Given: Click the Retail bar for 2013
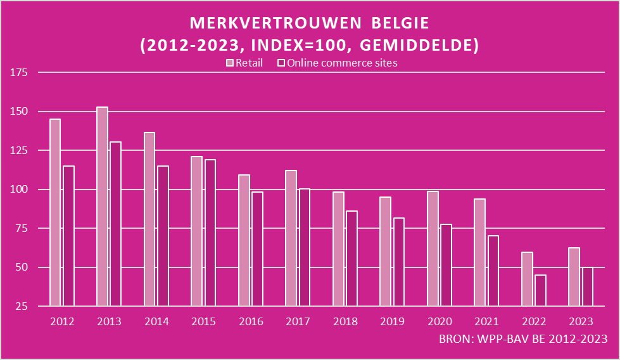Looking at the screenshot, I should pyautogui.click(x=102, y=207).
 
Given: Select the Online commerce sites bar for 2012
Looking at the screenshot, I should pyautogui.click(x=68, y=236).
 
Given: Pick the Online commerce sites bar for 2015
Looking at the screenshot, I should pyautogui.click(x=210, y=233).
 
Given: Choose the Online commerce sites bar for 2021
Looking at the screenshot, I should pyautogui.click(x=493, y=271).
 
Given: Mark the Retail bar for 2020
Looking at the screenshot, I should pyautogui.click(x=432, y=248).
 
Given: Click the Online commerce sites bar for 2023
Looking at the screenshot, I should pyautogui.click(x=587, y=286).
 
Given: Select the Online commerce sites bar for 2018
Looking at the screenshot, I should pyautogui.click(x=351, y=259).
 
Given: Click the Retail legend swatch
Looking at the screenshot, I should pyautogui.click(x=231, y=63).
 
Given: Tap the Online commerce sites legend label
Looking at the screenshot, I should pyautogui.click(x=342, y=63).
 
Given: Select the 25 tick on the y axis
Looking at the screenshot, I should pyautogui.click(x=23, y=306).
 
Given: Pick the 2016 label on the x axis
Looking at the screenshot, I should pyautogui.click(x=251, y=321).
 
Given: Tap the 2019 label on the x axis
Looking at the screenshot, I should pyautogui.click(x=392, y=321).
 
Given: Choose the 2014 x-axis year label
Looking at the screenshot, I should pyautogui.click(x=156, y=321).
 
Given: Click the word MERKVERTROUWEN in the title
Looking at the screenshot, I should pyautogui.click(x=274, y=23).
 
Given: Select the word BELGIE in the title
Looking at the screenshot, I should pyautogui.click(x=400, y=23).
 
